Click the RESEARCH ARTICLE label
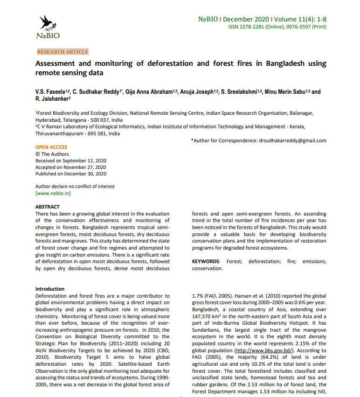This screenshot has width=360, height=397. (62, 52)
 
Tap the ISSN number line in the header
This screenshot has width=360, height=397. (277, 27)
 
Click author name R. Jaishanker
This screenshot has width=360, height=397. (52, 99)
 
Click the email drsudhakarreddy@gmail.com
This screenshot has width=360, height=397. (292, 140)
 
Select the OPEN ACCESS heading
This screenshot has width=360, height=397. (51, 147)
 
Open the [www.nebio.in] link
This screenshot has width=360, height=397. (53, 193)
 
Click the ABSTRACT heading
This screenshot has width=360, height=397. (48, 207)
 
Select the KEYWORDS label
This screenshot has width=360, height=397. (206, 262)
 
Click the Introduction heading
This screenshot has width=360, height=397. (50, 289)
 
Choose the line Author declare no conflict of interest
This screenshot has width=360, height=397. (75, 187)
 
